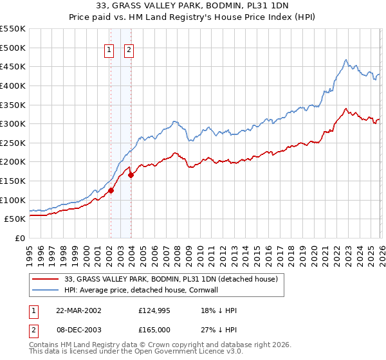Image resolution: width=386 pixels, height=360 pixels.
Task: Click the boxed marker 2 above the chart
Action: click(x=129, y=51)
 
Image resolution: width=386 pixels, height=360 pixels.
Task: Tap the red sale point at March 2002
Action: click(x=111, y=190)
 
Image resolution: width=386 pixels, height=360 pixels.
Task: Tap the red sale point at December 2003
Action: click(x=131, y=175)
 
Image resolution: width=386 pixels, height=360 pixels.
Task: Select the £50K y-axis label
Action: click(x=15, y=219)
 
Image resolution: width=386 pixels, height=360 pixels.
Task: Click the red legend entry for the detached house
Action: click(x=170, y=279)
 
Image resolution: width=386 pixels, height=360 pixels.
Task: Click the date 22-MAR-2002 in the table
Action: click(x=78, y=310)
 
